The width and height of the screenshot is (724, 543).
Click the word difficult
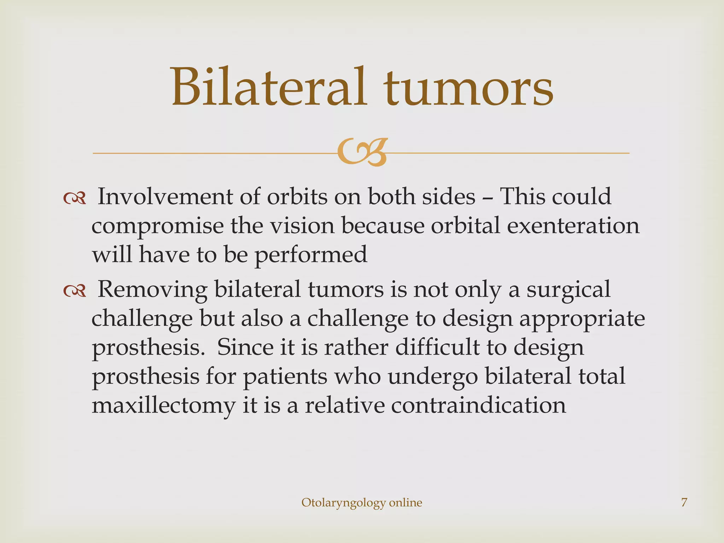click(x=437, y=347)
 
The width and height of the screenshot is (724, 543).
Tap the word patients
click(x=285, y=376)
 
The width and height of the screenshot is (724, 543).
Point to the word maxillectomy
click(x=163, y=406)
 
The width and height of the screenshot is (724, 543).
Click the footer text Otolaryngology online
click(x=362, y=502)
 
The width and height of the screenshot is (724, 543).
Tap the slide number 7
click(x=684, y=502)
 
